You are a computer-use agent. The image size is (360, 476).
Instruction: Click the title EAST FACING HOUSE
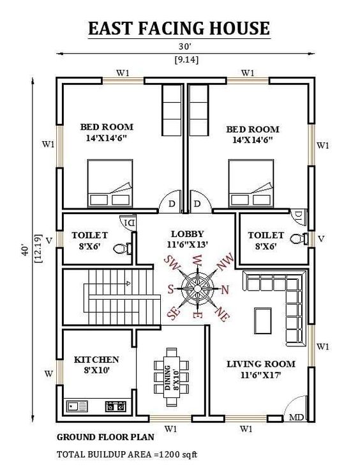pos(179,29)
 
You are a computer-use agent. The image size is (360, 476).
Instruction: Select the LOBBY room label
pos(188,234)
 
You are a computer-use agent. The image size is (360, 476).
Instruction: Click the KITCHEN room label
pos(96,360)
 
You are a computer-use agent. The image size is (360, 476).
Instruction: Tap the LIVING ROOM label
pos(261,364)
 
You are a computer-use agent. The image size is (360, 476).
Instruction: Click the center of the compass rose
pos(197,288)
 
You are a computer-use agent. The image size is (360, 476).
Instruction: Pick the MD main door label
pos(296,418)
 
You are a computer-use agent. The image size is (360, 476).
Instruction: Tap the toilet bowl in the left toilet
pos(122,248)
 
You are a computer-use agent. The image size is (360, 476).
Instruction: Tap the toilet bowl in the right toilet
pos(296,239)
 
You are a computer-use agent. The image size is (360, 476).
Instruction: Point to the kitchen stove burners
pos(116,405)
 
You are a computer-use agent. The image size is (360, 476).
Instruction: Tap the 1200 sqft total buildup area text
pos(128,455)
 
